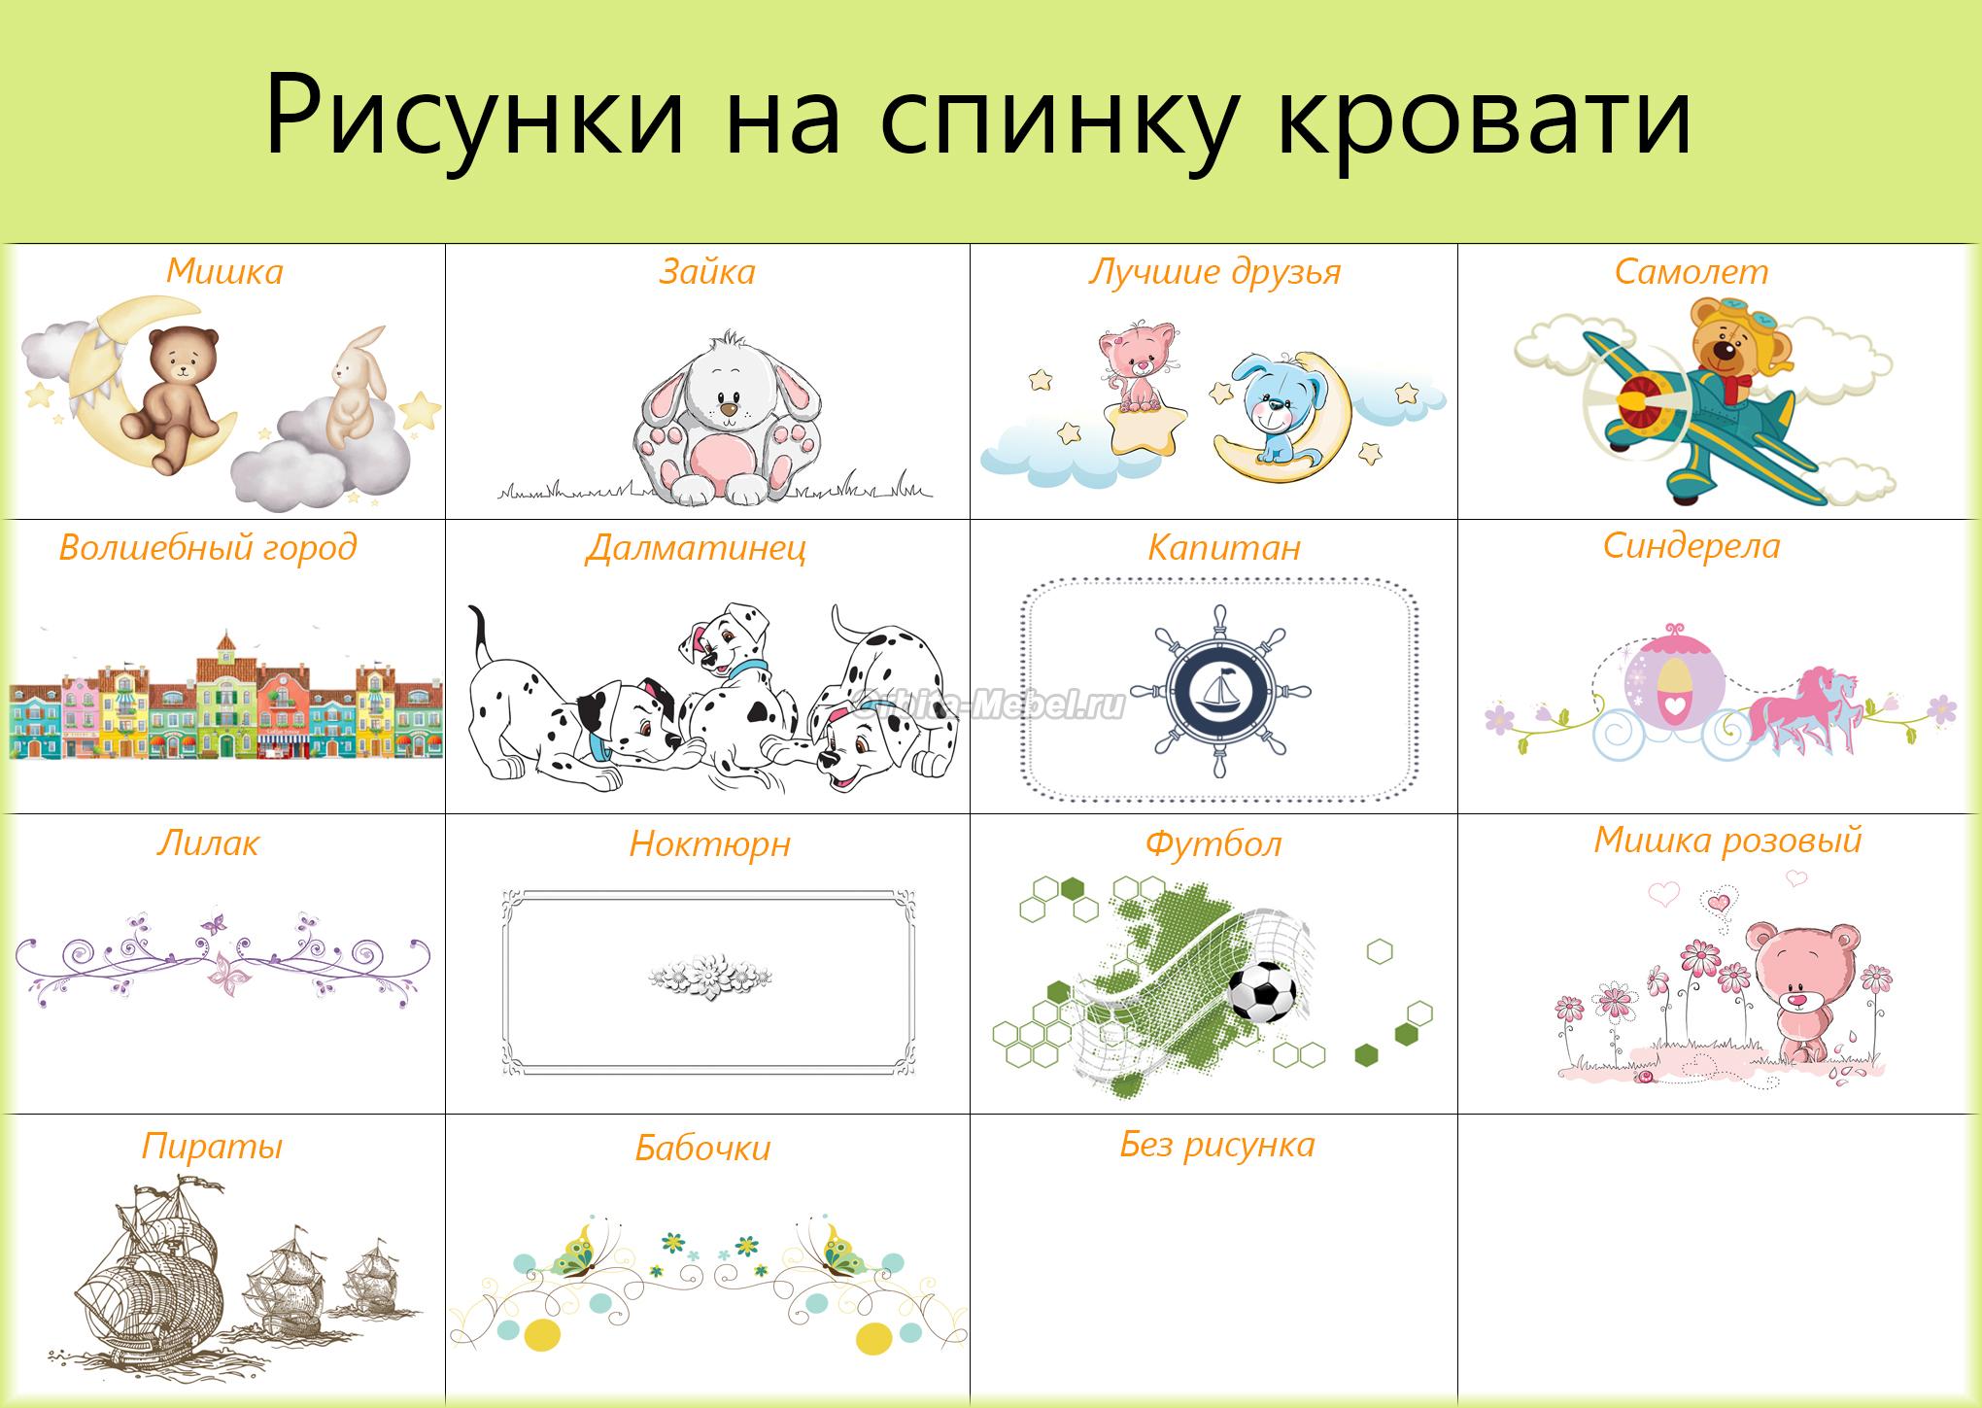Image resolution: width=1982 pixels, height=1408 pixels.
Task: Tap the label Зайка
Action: pos(707,271)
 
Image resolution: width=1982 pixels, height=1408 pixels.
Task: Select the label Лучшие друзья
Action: pos(1214,271)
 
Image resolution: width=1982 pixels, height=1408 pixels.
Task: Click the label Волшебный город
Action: pos(208,547)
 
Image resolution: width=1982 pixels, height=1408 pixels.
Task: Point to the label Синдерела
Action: pos(1692,545)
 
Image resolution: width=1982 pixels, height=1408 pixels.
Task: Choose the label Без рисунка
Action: pos(1217,1144)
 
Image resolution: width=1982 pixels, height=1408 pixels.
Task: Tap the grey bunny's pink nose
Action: pos(728,411)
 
